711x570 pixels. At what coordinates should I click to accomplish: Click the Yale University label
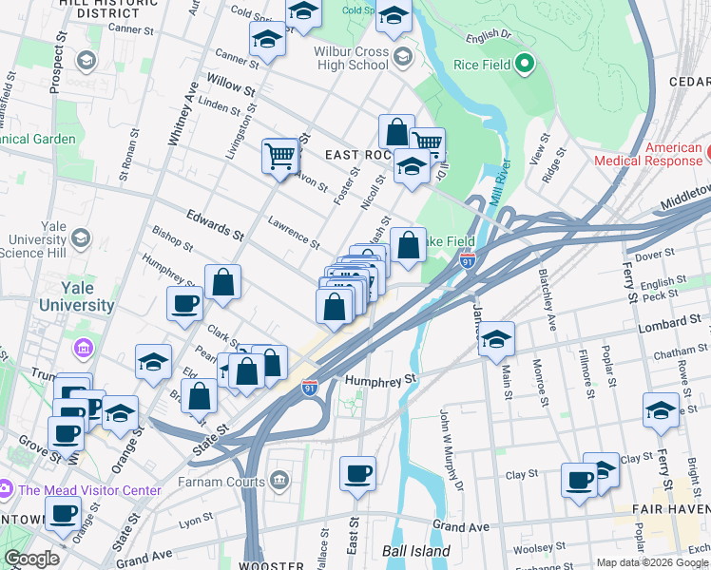click(76, 296)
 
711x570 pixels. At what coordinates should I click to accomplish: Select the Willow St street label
click(236, 92)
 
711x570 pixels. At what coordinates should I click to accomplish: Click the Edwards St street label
click(209, 224)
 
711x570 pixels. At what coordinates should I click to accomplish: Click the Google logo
click(30, 559)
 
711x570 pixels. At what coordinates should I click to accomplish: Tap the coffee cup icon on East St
click(357, 474)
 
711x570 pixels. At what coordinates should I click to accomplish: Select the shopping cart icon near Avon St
click(279, 155)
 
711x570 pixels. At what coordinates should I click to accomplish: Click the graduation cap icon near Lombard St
click(496, 339)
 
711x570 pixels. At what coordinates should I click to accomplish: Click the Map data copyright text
click(652, 561)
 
